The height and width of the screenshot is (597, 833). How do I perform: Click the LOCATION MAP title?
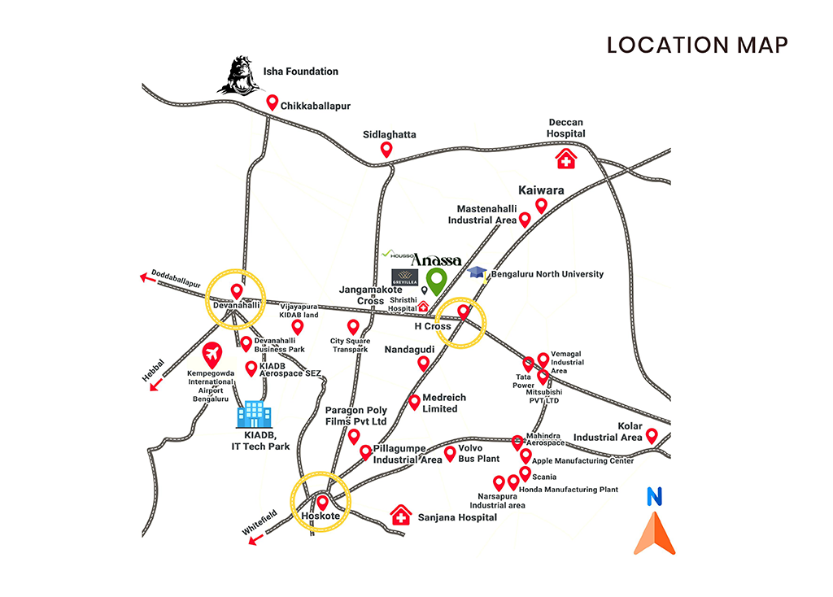tap(697, 45)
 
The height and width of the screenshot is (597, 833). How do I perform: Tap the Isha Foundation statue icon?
tap(238, 75)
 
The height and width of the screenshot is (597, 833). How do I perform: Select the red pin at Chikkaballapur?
tap(273, 102)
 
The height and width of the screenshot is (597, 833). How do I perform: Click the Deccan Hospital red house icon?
tap(565, 159)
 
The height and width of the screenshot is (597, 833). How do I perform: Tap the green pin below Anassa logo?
tap(437, 281)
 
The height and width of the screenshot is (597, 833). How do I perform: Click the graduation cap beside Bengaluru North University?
tap(478, 273)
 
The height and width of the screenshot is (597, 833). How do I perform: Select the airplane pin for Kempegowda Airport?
tap(213, 355)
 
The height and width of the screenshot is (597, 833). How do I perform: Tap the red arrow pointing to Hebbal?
tap(153, 385)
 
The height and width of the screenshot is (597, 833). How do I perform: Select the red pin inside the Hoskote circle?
tap(322, 503)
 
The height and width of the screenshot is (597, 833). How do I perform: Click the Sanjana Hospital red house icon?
tap(401, 515)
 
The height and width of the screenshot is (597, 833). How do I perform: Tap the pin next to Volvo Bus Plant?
tap(450, 453)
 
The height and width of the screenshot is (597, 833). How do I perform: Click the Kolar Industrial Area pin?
tap(652, 436)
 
